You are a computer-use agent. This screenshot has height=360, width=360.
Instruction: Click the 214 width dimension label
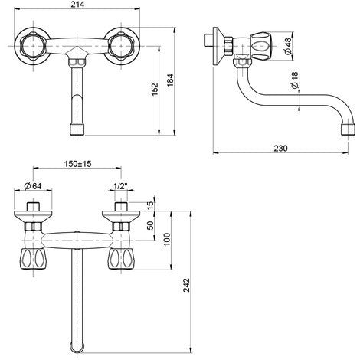(x=77, y=5)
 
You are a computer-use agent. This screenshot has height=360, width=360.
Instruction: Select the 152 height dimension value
(x=155, y=90)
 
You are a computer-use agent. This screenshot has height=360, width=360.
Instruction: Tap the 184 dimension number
(x=170, y=80)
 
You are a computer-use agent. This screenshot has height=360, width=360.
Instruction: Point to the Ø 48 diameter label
(x=287, y=46)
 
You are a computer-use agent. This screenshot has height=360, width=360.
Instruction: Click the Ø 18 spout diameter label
(x=295, y=80)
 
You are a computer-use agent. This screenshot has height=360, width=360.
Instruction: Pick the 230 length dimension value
(x=280, y=148)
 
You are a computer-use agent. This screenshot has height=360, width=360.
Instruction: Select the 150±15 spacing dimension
(x=77, y=164)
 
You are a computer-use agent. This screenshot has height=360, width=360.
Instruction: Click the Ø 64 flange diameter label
(x=33, y=186)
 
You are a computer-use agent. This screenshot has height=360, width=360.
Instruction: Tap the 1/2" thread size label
(x=120, y=186)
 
